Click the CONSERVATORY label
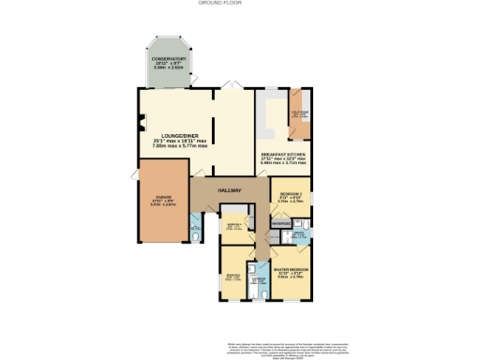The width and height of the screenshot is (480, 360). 170,58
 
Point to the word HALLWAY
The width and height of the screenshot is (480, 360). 230,190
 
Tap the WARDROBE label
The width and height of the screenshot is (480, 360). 280,224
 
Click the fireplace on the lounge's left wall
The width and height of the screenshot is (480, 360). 142,121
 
